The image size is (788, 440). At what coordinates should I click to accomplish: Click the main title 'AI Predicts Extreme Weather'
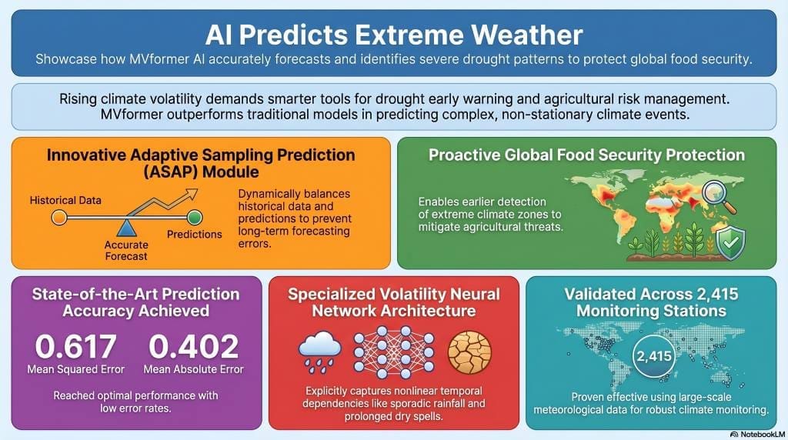[394, 35]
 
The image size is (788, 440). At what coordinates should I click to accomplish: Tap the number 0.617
[76, 346]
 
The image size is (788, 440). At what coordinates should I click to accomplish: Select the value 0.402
[193, 346]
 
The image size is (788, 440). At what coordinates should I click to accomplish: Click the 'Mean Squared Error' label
[76, 370]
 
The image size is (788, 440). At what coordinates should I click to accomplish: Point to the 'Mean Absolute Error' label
[193, 370]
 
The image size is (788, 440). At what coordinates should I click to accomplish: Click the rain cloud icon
[319, 352]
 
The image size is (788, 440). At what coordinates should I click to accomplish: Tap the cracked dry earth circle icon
[469, 352]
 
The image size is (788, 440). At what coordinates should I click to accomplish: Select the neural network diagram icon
[394, 352]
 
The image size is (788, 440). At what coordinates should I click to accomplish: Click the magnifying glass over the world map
[718, 196]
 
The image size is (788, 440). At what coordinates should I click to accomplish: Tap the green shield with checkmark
[730, 243]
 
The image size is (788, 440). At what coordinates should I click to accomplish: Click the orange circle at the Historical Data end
[59, 218]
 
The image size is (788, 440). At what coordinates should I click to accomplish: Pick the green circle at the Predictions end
[195, 218]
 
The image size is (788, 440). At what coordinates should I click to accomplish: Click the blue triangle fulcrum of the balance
[126, 228]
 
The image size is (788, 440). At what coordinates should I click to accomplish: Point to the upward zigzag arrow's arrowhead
[191, 195]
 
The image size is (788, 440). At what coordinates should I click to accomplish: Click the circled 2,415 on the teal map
[654, 356]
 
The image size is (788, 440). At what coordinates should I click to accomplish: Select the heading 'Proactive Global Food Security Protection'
[586, 155]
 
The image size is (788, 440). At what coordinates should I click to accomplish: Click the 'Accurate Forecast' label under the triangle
[126, 250]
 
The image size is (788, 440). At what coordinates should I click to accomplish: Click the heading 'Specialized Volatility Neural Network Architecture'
[394, 302]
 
